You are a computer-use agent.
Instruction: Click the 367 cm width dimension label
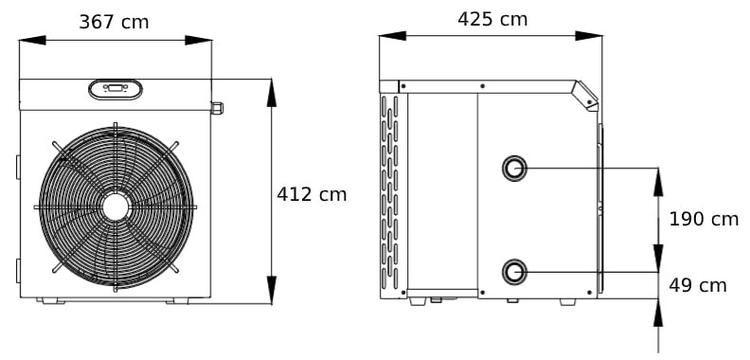pos(114,22)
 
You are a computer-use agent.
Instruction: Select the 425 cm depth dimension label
pos(492,19)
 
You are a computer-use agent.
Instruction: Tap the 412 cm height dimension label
pos(312,194)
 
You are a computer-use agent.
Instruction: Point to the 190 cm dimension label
pos(704,219)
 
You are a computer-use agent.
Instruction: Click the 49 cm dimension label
pos(698,285)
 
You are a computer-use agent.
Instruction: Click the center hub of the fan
pos(116,207)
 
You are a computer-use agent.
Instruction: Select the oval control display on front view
pos(116,90)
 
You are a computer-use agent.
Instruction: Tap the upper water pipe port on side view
pos(514,169)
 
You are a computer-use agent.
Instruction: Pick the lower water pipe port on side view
pos(514,272)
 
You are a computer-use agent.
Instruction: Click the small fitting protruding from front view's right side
pos(217,108)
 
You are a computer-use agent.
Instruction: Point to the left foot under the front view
pos(53,301)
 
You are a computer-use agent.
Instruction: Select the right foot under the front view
pos(177,301)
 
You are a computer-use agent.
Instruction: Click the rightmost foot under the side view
pos(567,301)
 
